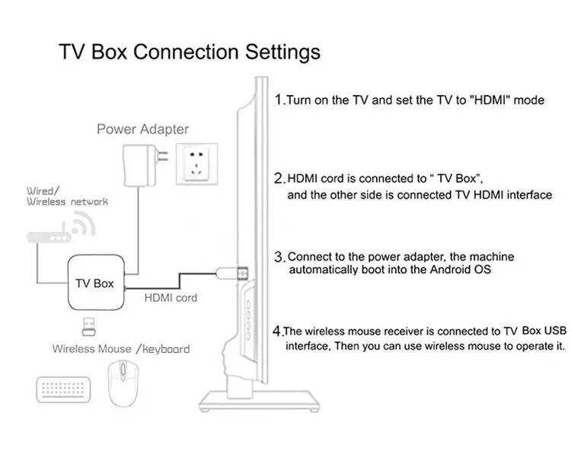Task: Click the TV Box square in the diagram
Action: pyautogui.click(x=97, y=282)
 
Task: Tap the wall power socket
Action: pyautogui.click(x=196, y=164)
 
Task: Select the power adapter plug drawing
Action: pyautogui.click(x=145, y=166)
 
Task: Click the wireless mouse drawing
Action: pyautogui.click(x=123, y=383)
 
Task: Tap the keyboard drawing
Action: pyautogui.click(x=63, y=389)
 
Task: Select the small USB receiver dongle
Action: pyautogui.click(x=88, y=326)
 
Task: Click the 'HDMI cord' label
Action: pyautogui.click(x=171, y=298)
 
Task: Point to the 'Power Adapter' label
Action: pyautogui.click(x=143, y=129)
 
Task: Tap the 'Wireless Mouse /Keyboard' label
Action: pyautogui.click(x=121, y=349)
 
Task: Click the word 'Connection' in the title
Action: pyautogui.click(x=186, y=52)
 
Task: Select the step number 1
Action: pyautogui.click(x=279, y=100)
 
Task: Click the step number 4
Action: pyautogui.click(x=277, y=331)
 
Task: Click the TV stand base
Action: pyautogui.click(x=260, y=401)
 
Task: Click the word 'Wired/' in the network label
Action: pyautogui.click(x=43, y=191)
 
